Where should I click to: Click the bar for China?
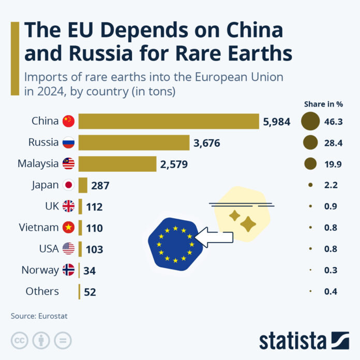click(x=169, y=122)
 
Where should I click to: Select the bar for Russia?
click(x=134, y=143)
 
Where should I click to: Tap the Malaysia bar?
click(x=117, y=164)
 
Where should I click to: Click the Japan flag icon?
click(x=68, y=185)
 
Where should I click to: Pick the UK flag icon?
click(x=68, y=206)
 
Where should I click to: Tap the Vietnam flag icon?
click(x=68, y=228)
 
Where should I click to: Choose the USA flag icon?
click(x=68, y=249)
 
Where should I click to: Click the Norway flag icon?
click(x=68, y=270)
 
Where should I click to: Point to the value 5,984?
click(x=277, y=122)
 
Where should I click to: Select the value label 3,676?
click(x=207, y=143)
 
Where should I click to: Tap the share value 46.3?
click(x=334, y=121)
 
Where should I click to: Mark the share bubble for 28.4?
click(x=310, y=142)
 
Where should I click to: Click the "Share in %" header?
click(x=324, y=104)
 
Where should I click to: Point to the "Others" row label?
click(x=42, y=291)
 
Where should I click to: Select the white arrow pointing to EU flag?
click(x=217, y=236)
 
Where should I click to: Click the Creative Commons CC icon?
click(x=20, y=340)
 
